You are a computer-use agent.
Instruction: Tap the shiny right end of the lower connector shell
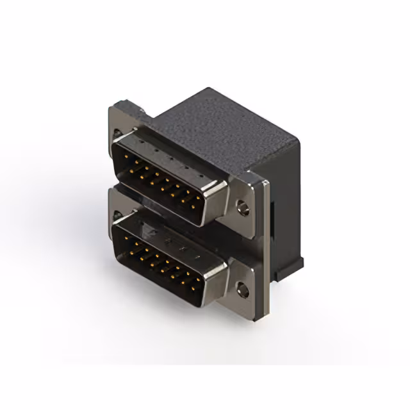click(215, 282)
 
